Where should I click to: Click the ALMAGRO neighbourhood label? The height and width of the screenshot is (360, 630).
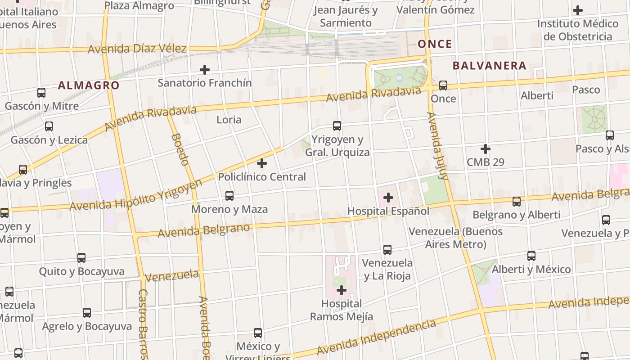tap(89, 85)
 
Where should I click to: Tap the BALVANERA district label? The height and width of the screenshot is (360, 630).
tap(489, 66)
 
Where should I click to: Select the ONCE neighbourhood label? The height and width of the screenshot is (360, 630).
tap(435, 44)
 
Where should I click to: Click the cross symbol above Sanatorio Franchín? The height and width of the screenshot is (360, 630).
tap(205, 70)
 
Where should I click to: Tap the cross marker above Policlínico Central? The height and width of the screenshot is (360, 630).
tap(262, 163)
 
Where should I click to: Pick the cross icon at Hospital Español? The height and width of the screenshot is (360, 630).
tap(388, 198)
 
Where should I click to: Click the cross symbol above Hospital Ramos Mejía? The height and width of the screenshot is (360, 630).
tap(342, 290)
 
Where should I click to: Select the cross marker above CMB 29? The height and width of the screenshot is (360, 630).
tap(486, 149)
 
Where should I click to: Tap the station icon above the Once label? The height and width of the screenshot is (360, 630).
tap(443, 85)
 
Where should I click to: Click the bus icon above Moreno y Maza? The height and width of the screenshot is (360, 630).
tap(229, 196)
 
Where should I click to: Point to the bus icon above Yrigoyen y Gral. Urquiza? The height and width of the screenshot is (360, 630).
tap(337, 126)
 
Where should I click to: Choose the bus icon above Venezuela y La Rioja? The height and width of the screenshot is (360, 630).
tap(387, 250)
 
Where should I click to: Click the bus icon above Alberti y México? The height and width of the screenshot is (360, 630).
tap(531, 256)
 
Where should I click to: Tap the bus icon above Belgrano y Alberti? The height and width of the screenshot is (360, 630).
tap(517, 202)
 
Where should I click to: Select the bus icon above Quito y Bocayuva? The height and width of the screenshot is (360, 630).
tap(81, 258)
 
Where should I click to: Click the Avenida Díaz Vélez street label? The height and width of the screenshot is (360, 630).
tap(137, 49)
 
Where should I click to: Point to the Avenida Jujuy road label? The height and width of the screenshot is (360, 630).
tap(438, 146)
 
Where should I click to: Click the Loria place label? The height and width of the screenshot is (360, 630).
tap(229, 120)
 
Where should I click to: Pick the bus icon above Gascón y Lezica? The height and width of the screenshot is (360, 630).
tap(49, 126)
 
